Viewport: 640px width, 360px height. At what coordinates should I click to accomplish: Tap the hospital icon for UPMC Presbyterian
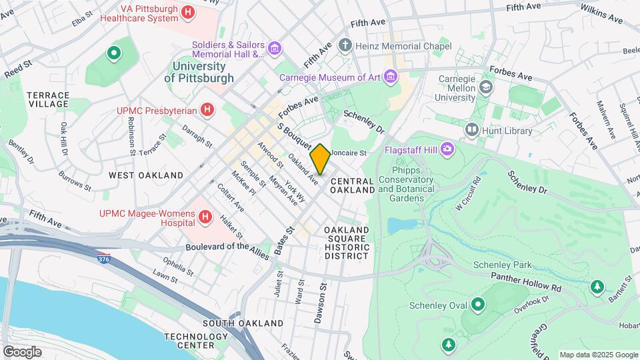(x=207, y=109)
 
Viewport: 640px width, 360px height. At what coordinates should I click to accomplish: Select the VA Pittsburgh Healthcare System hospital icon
(x=189, y=12)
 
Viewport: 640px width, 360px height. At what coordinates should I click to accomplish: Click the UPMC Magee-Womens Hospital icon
(x=205, y=217)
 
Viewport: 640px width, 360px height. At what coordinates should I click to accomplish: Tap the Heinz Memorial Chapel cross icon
(x=345, y=45)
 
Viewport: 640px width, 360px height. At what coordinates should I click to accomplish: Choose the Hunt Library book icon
(x=473, y=129)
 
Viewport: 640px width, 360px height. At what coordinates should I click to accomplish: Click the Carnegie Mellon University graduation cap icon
(x=487, y=87)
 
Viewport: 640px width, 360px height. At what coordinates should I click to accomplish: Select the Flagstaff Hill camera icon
(x=447, y=149)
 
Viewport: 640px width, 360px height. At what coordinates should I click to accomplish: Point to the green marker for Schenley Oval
(x=477, y=305)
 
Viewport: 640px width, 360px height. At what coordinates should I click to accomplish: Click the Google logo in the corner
(x=21, y=351)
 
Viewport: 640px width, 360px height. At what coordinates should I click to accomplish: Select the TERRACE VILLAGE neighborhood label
(x=47, y=99)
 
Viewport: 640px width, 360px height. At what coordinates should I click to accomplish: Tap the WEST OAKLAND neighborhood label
(x=146, y=175)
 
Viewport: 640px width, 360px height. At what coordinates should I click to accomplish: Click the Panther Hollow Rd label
(x=527, y=281)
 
